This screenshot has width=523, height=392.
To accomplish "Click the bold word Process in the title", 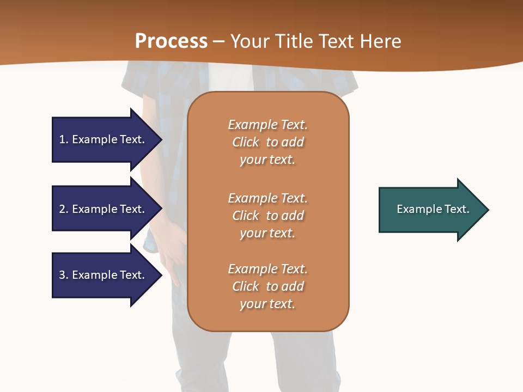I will click(x=171, y=41).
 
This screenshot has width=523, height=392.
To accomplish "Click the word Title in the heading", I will click(x=297, y=41).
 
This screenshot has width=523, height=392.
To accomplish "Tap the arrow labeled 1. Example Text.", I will click(x=104, y=139).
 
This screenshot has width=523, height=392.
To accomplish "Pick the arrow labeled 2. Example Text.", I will click(x=104, y=209).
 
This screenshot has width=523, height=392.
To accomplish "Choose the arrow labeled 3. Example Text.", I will click(x=104, y=275).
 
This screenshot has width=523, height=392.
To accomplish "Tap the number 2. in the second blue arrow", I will click(x=64, y=209).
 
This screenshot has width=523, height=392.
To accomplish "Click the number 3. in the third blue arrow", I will click(x=64, y=275).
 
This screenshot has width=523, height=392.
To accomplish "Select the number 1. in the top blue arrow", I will click(x=63, y=139).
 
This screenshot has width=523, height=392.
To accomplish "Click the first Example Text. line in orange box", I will click(x=267, y=125).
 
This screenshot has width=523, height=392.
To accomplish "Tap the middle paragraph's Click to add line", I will click(x=267, y=216).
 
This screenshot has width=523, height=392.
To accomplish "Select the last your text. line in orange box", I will click(x=267, y=304).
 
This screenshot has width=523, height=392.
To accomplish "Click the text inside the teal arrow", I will click(x=433, y=209).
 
